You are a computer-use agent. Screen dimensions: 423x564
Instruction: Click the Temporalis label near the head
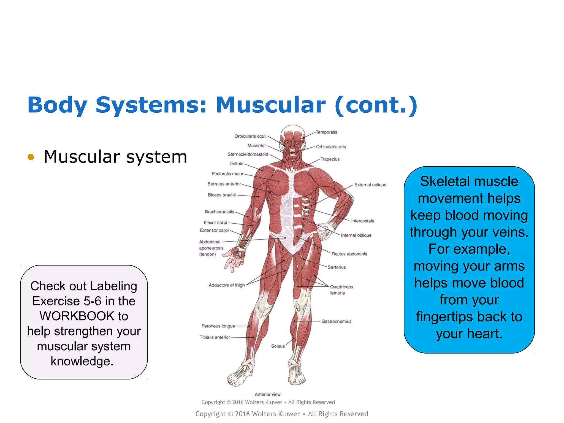(x=326, y=132)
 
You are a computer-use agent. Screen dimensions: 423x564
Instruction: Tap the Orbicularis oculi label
(x=250, y=136)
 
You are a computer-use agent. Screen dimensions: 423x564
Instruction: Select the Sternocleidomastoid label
(x=248, y=154)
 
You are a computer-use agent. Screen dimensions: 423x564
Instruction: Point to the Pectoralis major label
(x=227, y=174)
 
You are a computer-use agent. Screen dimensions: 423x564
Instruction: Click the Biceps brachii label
(x=222, y=195)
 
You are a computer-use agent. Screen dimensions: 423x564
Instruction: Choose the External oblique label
(x=370, y=185)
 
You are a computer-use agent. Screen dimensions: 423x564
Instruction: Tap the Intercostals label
(x=362, y=221)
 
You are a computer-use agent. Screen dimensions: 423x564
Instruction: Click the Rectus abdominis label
(x=349, y=254)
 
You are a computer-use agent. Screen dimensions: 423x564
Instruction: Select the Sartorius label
(x=337, y=267)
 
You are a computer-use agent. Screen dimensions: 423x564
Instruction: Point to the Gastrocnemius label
(x=336, y=321)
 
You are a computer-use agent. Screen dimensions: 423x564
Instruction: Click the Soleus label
(x=278, y=346)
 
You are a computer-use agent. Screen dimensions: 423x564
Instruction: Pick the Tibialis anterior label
(x=215, y=337)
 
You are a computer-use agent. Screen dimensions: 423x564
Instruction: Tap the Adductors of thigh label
(x=226, y=285)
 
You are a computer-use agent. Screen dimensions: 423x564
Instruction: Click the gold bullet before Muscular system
(x=31, y=157)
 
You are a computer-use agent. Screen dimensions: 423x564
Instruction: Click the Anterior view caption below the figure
(x=267, y=394)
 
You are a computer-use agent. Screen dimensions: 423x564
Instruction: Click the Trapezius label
(x=330, y=159)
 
